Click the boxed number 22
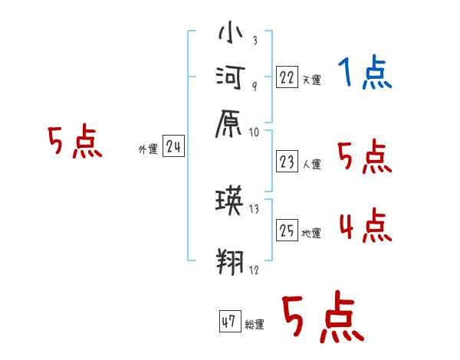287,77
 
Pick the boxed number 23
287,161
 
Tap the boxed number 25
287,231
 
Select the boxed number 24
173,147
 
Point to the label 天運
311,80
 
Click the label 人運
311,164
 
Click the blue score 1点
365,74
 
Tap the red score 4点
365,227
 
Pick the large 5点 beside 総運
322,319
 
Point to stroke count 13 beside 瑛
255,209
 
